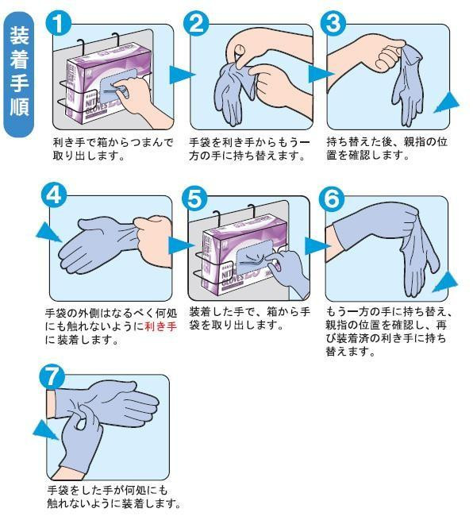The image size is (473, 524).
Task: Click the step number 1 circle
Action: coord(59,23)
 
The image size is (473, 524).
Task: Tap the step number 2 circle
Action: coord(196,23)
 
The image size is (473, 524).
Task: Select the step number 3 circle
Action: coord(333,23)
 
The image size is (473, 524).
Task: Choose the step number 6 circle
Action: coord(332,198)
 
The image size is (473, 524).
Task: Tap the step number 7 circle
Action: coord(52,376)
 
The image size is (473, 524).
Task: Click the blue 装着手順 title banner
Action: coord(19,74)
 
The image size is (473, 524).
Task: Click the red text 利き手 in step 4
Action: coord(160,326)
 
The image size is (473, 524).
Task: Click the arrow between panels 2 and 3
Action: coord(319,74)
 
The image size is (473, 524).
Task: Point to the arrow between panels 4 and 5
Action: coord(179,246)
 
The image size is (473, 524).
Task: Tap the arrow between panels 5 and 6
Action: coord(316,246)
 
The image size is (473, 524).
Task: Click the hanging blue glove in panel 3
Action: coord(407,86)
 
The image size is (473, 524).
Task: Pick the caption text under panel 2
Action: coord(249,149)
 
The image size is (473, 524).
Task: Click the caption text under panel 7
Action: coord(113,496)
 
